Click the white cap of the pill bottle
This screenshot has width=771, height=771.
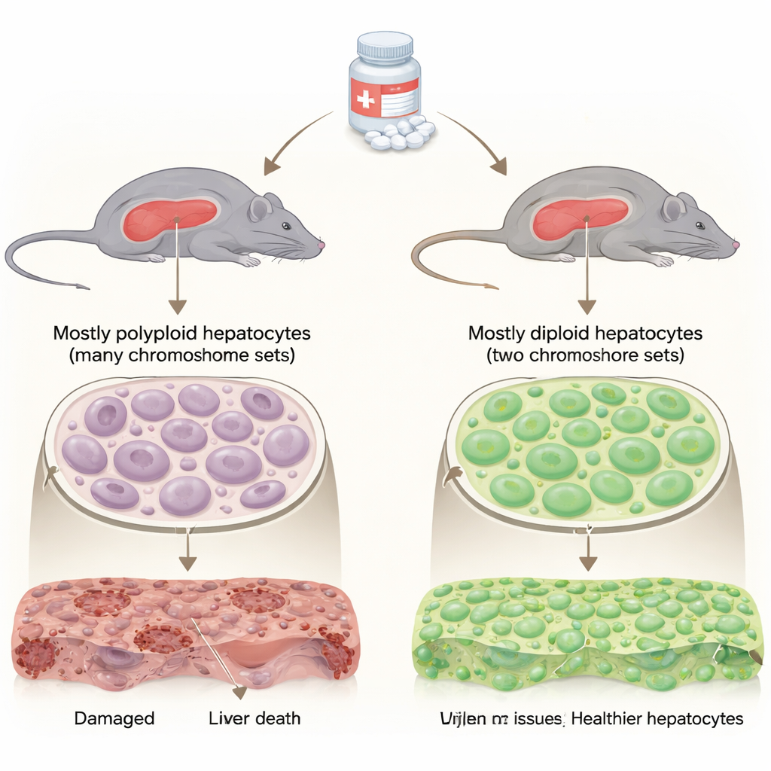coord(384,47)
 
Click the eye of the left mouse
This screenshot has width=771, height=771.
coord(285,225)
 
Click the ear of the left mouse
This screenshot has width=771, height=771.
coord(260,207)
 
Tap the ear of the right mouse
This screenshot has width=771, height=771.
coord(672,207)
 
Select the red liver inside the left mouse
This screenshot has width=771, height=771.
coord(170,218)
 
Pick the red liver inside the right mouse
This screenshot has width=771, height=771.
coord(581,218)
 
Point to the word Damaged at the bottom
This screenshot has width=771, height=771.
coord(114,718)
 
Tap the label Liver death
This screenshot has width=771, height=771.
coord(254,718)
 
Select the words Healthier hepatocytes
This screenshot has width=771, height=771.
coord(657,718)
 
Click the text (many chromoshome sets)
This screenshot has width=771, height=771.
coord(181,355)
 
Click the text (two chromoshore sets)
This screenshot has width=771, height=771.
coord(585,355)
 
